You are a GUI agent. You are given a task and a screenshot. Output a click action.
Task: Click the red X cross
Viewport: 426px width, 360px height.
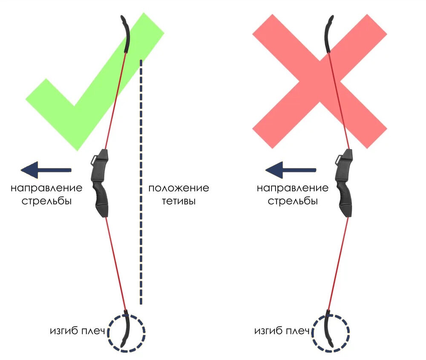click(319, 81)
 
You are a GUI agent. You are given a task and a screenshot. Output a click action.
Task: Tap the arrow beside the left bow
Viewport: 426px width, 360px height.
click(46, 170)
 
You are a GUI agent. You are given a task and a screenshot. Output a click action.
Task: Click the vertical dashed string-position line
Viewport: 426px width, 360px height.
click(141, 183)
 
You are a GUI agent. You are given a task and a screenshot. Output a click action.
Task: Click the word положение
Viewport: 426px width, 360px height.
click(179, 188)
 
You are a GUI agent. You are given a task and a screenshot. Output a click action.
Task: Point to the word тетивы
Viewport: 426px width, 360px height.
click(178, 201)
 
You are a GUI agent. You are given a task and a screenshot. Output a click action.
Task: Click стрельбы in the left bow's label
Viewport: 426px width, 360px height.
click(47, 200)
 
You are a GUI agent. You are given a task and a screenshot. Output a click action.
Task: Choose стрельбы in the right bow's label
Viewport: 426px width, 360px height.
click(293, 200)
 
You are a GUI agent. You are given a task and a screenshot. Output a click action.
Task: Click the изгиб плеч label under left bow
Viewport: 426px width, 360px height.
click(77, 330)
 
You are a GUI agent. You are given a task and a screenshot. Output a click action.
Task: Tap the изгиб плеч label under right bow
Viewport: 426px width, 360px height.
click(282, 330)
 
